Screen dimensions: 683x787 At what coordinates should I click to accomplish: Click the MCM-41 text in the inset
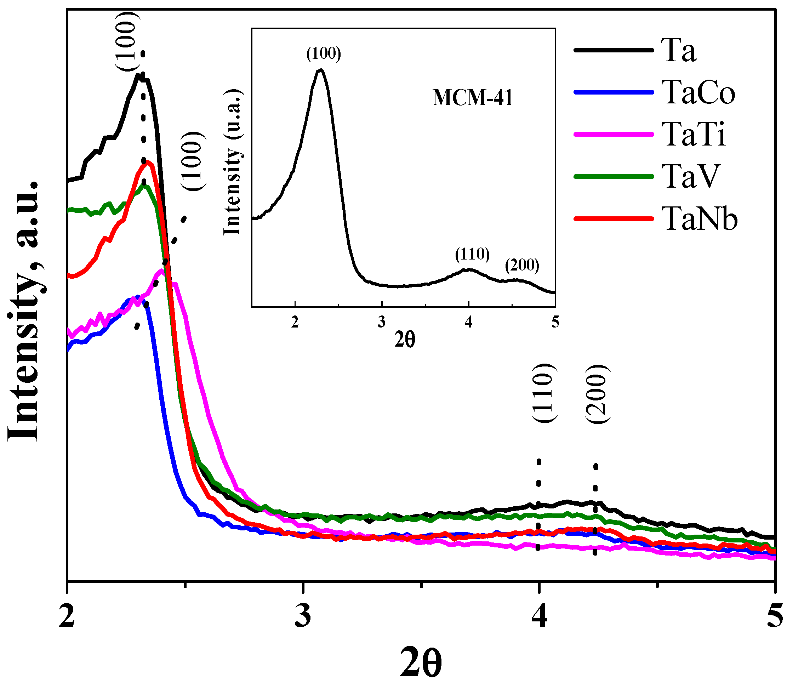click(x=473, y=98)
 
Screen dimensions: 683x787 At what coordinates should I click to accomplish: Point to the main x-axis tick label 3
click(x=303, y=616)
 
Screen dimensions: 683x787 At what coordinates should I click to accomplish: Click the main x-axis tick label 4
click(x=539, y=616)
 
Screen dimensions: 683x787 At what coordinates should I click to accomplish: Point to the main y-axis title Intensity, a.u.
click(x=24, y=311)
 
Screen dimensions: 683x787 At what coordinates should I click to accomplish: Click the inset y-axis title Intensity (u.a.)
click(x=233, y=163)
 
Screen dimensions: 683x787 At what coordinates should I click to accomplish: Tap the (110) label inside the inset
click(x=472, y=254)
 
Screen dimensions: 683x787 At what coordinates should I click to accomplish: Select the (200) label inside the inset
click(x=522, y=265)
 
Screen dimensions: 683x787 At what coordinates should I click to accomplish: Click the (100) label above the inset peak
click(x=324, y=54)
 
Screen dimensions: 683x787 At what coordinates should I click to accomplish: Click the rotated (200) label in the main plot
click(x=597, y=394)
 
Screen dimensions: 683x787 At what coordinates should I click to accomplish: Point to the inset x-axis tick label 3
click(x=382, y=323)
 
